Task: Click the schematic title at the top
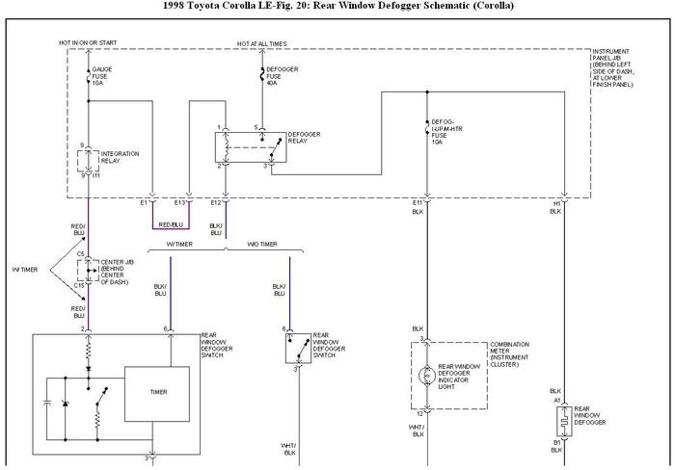pos(338,6)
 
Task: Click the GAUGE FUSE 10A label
pos(103,76)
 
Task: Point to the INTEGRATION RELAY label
pos(122,157)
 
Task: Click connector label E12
pos(215,203)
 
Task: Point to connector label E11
pos(418,203)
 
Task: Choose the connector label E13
pos(179,203)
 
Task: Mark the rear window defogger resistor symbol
pos(561,421)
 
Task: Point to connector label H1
pos(556,203)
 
